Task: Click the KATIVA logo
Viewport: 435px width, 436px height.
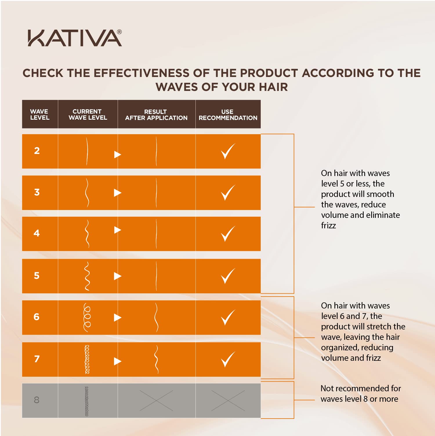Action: pyautogui.click(x=75, y=38)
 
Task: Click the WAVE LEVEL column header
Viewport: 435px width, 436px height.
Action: pyautogui.click(x=40, y=114)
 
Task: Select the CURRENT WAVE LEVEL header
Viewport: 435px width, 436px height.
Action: pyautogui.click(x=88, y=114)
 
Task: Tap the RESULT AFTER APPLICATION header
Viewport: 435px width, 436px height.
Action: pyautogui.click(x=156, y=115)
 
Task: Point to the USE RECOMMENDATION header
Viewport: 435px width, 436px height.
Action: pyautogui.click(x=228, y=115)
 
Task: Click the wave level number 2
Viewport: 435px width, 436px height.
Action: pyautogui.click(x=37, y=151)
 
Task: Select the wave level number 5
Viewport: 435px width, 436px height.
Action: pyautogui.click(x=37, y=275)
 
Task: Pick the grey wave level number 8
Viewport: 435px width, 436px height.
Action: pyautogui.click(x=37, y=400)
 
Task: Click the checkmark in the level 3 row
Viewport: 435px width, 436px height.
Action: pyautogui.click(x=228, y=192)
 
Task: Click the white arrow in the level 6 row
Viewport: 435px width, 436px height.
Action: pyautogui.click(x=117, y=317)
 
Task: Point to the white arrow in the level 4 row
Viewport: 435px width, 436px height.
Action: pyautogui.click(x=117, y=230)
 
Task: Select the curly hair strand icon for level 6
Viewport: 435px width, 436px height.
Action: pyautogui.click(x=87, y=317)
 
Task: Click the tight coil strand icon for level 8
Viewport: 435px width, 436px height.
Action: pyautogui.click(x=87, y=401)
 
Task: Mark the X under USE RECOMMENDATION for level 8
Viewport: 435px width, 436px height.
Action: pyautogui.click(x=228, y=401)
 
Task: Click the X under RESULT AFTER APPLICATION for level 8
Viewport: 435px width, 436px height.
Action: pyautogui.click(x=156, y=401)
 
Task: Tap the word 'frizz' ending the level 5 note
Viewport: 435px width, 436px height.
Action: pyautogui.click(x=328, y=225)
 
